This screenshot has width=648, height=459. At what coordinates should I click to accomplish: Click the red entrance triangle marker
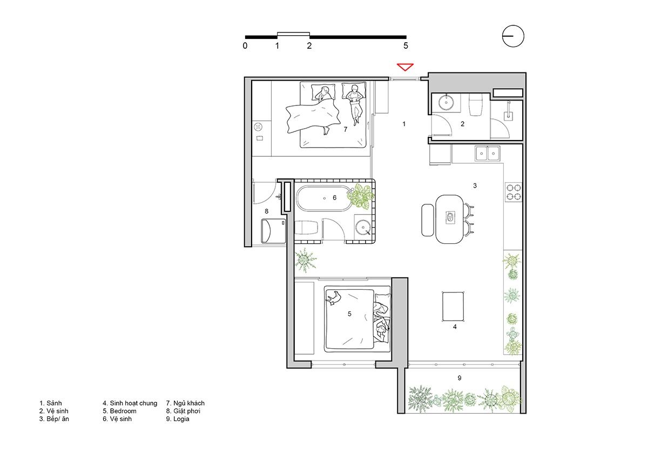click(x=405, y=67)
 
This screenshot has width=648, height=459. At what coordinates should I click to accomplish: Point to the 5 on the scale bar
click(x=406, y=46)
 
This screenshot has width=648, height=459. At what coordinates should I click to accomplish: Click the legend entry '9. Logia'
click(x=178, y=419)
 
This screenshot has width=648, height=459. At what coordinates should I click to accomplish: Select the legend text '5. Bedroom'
click(x=119, y=411)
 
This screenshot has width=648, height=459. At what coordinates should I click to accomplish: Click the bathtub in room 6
click(x=325, y=198)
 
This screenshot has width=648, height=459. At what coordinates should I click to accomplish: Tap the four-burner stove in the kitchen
click(x=514, y=192)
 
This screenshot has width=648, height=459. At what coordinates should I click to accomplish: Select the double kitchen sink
click(x=488, y=153)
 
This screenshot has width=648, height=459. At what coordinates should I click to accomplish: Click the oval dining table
click(x=449, y=219)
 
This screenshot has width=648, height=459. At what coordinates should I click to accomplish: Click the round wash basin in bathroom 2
click(x=446, y=102)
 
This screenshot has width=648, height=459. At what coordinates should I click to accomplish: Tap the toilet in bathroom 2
click(x=476, y=104)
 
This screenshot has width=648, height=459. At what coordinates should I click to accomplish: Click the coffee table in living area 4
click(x=453, y=307)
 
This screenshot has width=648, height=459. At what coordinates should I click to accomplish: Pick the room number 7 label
click(x=346, y=129)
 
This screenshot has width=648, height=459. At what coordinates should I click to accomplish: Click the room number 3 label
click(x=475, y=185)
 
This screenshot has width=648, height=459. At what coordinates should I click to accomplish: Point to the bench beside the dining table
click(x=428, y=220)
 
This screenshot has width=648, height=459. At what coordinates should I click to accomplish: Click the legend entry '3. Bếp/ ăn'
click(x=54, y=419)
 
